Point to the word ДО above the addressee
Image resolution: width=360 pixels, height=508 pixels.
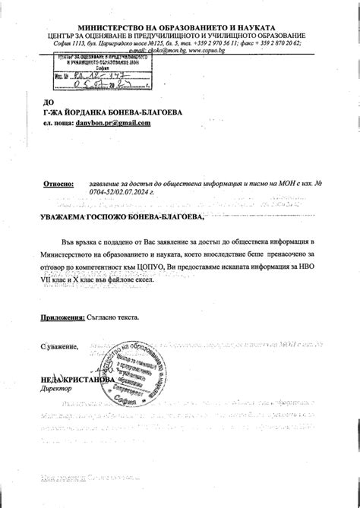pyautogui.click(x=49, y=102)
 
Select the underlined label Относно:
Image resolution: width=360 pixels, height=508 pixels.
pyautogui.click(x=58, y=184)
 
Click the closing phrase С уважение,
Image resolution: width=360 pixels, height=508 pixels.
pyautogui.click(x=59, y=346)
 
